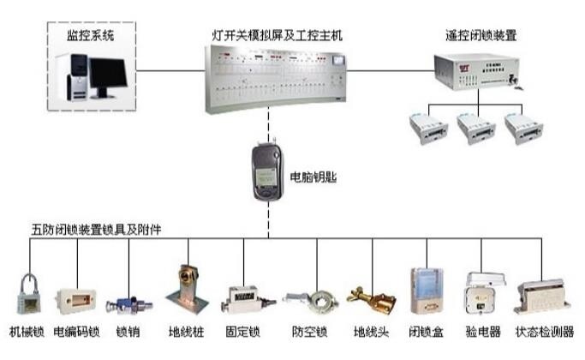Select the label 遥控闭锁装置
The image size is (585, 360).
[x=482, y=36]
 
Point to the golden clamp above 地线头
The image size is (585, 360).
[x=372, y=300]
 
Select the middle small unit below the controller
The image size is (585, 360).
[x=476, y=129]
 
